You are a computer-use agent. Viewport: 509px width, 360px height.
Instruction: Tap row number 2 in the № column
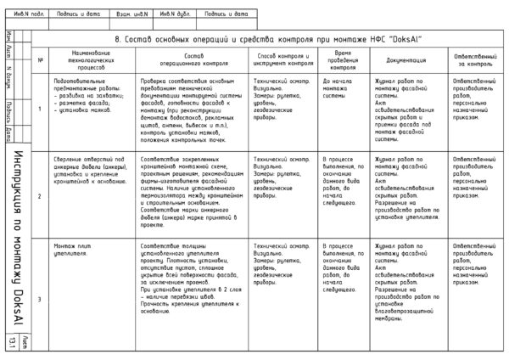[x=41, y=196]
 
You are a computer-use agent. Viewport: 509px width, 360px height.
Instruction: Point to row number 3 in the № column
[x=41, y=299]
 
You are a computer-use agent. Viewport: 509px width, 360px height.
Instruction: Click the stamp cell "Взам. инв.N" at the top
[x=131, y=14]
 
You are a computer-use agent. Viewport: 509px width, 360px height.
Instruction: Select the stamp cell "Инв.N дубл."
[x=178, y=14]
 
